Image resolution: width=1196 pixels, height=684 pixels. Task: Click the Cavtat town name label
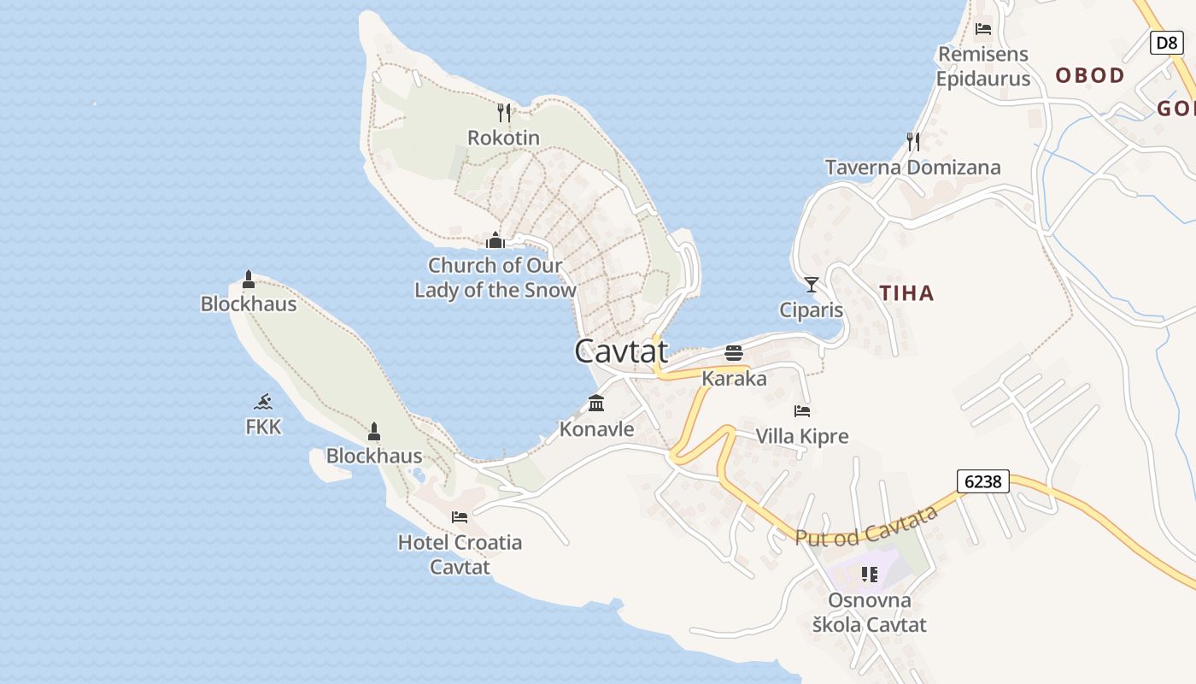click(621, 351)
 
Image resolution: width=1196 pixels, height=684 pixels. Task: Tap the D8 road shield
click(1166, 43)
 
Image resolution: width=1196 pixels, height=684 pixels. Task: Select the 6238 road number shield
click(983, 481)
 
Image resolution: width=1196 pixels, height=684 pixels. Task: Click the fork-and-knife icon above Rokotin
click(504, 112)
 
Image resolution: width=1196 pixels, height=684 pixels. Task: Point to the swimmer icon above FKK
click(263, 401)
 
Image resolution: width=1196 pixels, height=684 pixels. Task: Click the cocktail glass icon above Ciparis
click(812, 284)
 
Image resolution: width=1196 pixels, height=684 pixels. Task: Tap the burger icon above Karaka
click(734, 352)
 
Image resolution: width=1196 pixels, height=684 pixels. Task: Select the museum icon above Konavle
click(596, 403)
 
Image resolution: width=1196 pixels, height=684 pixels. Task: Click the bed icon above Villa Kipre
click(802, 411)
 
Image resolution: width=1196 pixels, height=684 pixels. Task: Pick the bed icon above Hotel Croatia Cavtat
click(460, 516)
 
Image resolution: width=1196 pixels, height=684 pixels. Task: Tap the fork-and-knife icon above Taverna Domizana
click(913, 141)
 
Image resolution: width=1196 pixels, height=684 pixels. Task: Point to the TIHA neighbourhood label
click(906, 293)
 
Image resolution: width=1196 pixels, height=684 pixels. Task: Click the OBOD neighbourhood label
click(1090, 75)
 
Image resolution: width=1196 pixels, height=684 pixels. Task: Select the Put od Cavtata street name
click(866, 524)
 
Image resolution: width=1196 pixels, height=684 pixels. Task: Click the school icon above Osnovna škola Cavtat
click(870, 575)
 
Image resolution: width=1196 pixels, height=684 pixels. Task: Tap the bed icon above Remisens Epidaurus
click(983, 29)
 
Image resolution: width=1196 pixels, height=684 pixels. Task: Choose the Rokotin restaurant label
click(503, 138)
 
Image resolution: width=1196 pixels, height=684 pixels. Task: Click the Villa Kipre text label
click(802, 436)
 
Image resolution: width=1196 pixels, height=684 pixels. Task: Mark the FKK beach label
click(263, 427)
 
